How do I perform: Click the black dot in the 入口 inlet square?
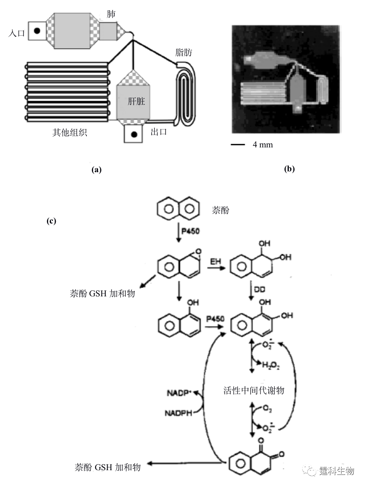click(37, 30)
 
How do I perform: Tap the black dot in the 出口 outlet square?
click(134, 135)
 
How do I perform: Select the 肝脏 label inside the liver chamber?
click(136, 101)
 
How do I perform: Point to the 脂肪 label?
click(183, 52)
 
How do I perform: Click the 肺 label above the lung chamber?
click(111, 14)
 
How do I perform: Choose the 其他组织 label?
click(69, 133)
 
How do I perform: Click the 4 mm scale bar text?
click(263, 145)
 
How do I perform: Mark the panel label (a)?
click(96, 170)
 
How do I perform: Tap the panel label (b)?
click(289, 169)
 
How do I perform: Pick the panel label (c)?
click(51, 221)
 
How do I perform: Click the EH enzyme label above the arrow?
click(216, 262)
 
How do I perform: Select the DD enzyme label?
click(260, 290)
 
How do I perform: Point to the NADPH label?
click(179, 413)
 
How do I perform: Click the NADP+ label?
click(179, 393)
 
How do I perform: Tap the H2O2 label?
click(270, 365)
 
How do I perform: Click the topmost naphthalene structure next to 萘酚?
click(179, 209)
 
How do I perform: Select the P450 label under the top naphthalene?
click(191, 231)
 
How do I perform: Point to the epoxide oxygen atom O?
click(199, 252)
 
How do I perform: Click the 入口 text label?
click(16, 33)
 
